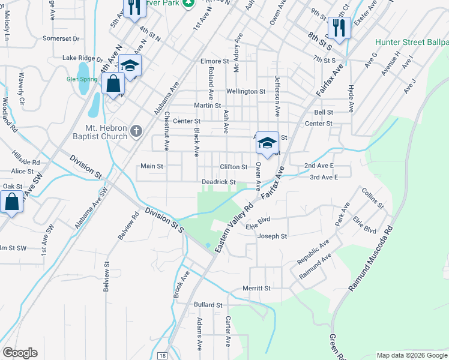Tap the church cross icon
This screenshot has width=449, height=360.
pos(136,131)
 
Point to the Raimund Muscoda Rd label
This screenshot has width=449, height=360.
pos(371,261)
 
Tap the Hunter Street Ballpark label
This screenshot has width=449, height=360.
pos(411,43)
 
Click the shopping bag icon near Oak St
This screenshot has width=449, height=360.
pos(11,202)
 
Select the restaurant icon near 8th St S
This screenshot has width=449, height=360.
pos(339,28)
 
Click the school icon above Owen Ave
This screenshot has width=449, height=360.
pos(267,143)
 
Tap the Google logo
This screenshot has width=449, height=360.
pos(20,353)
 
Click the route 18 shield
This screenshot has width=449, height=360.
pos(162,356)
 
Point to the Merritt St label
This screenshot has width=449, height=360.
pos(257,288)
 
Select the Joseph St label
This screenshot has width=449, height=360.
pos(272,236)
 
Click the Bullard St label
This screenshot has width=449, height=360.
pos(208,305)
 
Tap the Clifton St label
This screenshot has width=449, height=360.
pos(234,166)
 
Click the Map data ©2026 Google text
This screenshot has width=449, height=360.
pos(411,355)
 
